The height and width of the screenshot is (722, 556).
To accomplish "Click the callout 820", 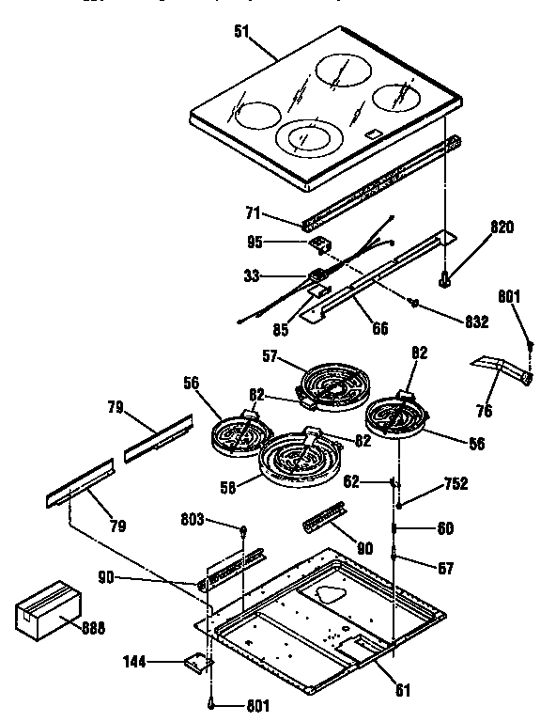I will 503,228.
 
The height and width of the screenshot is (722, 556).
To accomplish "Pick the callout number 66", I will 378,328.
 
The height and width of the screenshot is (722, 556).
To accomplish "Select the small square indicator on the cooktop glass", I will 373,135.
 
